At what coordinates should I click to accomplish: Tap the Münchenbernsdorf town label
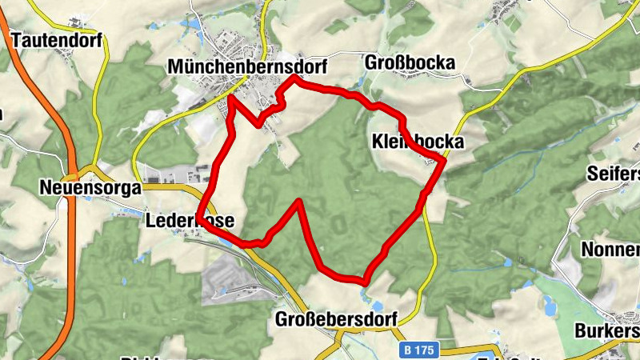pyautogui.click(x=248, y=68)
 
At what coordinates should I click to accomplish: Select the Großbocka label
pyautogui.click(x=410, y=62)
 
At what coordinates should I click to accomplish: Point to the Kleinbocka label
pyautogui.click(x=417, y=142)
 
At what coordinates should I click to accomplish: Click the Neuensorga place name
pyautogui.click(x=90, y=189)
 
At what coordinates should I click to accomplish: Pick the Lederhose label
pyautogui.click(x=190, y=218)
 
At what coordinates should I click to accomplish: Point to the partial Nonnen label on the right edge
pyautogui.click(x=611, y=249)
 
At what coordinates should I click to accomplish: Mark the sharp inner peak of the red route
pyautogui.click(x=299, y=201)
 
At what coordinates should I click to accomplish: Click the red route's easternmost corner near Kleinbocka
pyautogui.click(x=443, y=161)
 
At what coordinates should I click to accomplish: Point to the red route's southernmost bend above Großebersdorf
pyautogui.click(x=365, y=282)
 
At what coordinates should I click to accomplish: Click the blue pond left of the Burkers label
pyautogui.click(x=550, y=306)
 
